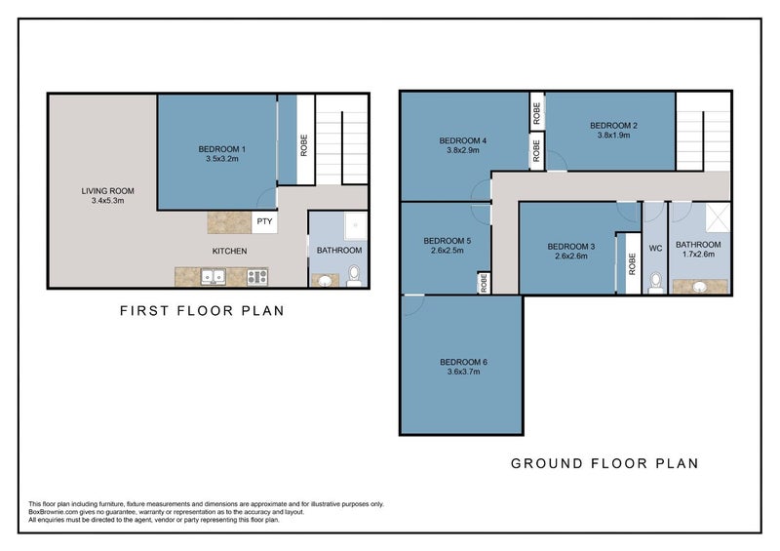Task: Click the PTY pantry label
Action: pyautogui.click(x=264, y=221)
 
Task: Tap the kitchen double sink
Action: pyautogui.click(x=213, y=277)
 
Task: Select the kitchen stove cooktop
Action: pyautogui.click(x=257, y=277)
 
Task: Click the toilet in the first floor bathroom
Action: pyautogui.click(x=354, y=276)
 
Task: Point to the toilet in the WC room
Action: pyautogui.click(x=655, y=283)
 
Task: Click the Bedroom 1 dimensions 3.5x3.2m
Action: pyautogui.click(x=222, y=159)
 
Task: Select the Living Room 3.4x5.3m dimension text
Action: pyautogui.click(x=107, y=201)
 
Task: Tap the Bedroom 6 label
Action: pyautogui.click(x=464, y=362)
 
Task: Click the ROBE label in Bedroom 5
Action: pyautogui.click(x=484, y=283)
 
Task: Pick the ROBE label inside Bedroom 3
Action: pyautogui.click(x=632, y=264)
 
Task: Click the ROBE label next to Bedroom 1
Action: pyautogui.click(x=304, y=145)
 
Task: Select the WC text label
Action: pyautogui.click(x=655, y=248)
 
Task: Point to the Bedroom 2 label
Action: pyautogui.click(x=613, y=126)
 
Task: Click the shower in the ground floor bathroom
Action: pyautogui.click(x=718, y=217)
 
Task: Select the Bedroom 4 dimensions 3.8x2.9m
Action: pyautogui.click(x=462, y=150)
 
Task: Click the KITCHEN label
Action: pyautogui.click(x=229, y=251)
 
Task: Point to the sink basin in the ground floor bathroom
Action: pyautogui.click(x=700, y=287)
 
